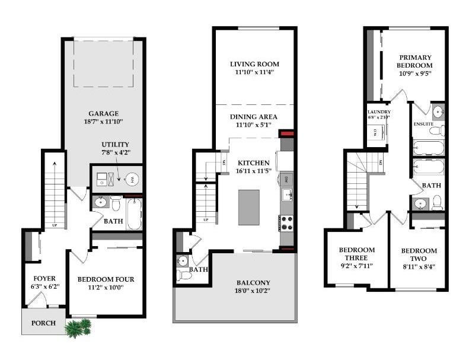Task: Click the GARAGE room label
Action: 104,113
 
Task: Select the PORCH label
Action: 44,323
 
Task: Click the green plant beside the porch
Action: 78,327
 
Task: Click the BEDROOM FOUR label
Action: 106,279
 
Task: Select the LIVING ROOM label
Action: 254,64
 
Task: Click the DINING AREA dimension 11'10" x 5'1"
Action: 254,125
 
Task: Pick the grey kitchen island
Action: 249,207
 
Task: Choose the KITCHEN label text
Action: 254,163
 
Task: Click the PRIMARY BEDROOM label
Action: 414,61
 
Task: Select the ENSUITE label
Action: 423,124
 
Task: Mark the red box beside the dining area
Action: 287,133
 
